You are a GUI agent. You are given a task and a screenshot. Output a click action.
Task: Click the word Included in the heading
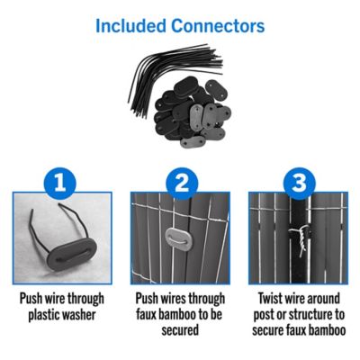130,26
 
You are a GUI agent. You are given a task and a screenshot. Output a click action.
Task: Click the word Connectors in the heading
218,26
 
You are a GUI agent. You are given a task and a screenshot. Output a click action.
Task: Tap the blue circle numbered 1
60,184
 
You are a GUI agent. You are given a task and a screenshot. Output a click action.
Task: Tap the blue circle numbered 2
182,184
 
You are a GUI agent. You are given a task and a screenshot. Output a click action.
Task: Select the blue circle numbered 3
299,184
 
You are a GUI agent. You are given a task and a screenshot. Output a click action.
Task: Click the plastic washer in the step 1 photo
72,255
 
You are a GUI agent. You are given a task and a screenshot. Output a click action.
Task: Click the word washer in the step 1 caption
79,315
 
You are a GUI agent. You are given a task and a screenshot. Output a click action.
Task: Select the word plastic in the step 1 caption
44,316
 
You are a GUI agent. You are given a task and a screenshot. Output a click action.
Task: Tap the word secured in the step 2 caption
180,330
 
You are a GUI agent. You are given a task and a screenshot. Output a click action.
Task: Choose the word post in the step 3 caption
264,316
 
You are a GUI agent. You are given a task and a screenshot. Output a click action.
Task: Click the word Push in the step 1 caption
31,299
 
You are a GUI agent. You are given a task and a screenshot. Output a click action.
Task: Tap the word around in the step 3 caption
322,299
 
